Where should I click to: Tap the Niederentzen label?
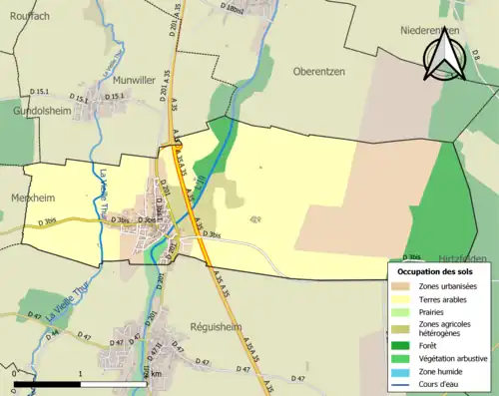point(429,31)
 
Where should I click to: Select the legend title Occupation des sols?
point(440,271)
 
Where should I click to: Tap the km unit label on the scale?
point(155,375)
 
